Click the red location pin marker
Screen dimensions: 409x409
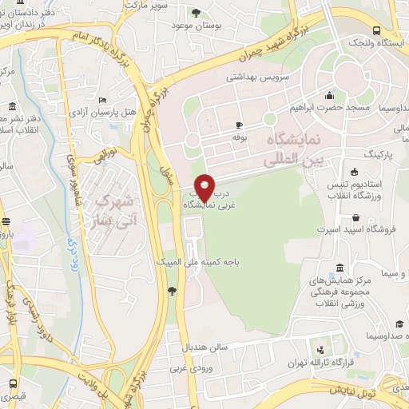coord(205,188)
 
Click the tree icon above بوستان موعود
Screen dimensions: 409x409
coord(197,11)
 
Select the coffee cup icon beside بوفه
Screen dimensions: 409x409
coord(239,125)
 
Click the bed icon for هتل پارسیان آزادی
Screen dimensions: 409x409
coord(101,100)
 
